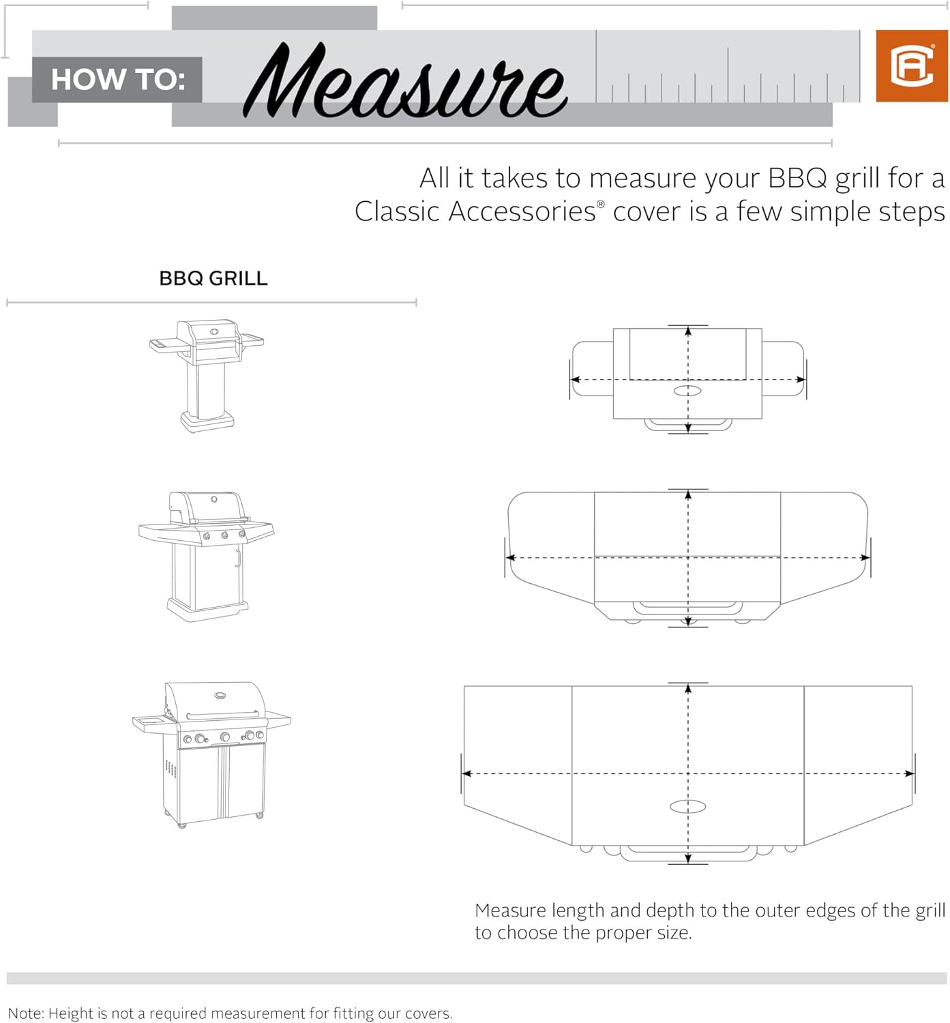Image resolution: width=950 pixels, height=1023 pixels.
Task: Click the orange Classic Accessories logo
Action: [911, 66]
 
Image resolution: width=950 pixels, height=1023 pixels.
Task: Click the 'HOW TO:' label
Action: [117, 80]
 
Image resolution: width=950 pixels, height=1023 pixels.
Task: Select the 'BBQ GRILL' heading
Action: [213, 278]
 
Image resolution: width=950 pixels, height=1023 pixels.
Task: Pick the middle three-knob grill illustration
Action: [207, 556]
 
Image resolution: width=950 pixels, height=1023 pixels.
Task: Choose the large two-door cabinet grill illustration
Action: [212, 754]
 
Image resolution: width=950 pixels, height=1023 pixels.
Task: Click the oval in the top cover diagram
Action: [687, 391]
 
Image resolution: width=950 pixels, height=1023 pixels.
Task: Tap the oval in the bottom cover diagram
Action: [687, 807]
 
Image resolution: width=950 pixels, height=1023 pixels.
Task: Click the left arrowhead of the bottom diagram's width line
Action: [468, 773]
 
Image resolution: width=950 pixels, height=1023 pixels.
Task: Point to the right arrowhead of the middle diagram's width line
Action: [865, 558]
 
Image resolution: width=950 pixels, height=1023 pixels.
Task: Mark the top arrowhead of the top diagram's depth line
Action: [688, 331]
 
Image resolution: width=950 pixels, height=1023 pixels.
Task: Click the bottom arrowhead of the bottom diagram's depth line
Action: [688, 859]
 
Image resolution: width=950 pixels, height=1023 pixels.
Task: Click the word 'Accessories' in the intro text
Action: [522, 212]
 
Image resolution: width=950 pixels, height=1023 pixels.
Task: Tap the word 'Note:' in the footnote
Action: [26, 1013]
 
